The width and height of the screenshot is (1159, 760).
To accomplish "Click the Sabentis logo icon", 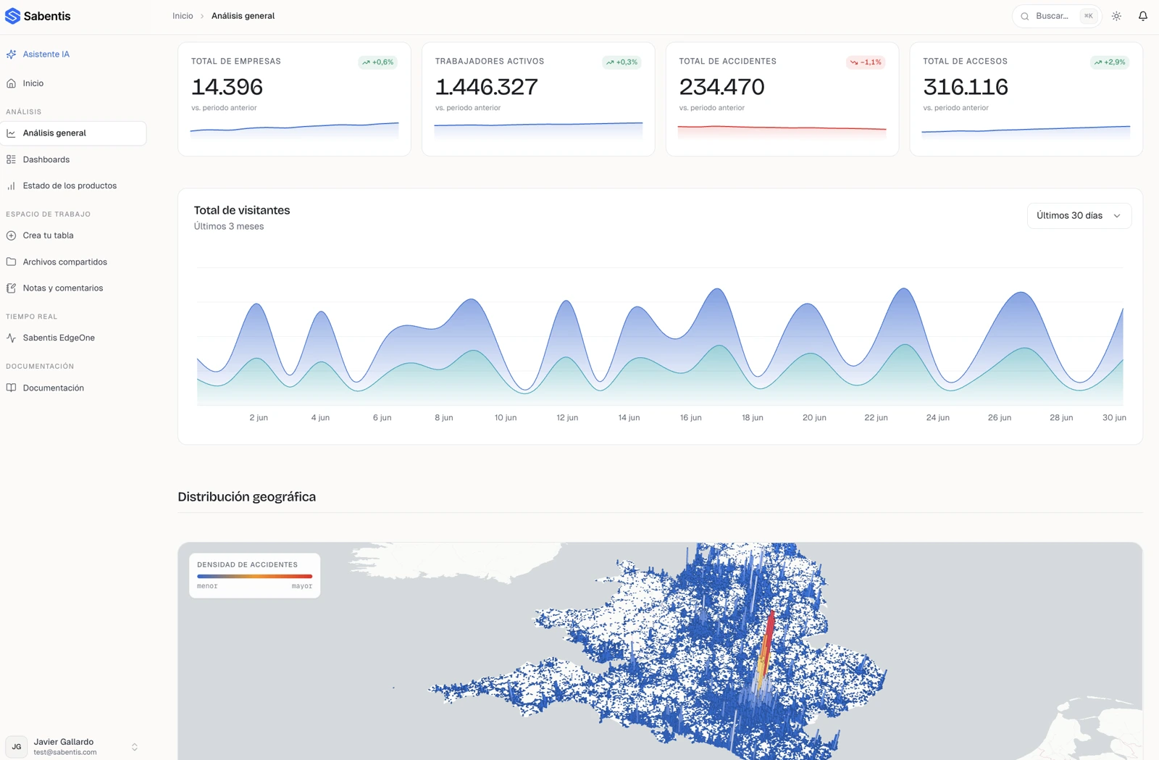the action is (x=12, y=16).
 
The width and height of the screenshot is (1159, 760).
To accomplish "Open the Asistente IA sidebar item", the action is (x=46, y=54).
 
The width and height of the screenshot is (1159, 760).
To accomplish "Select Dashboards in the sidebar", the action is (x=46, y=159).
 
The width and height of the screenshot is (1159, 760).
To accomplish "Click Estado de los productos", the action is (x=70, y=185).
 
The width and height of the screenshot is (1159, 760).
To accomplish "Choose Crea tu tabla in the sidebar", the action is (x=48, y=235).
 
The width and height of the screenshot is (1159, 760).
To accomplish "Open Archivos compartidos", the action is (x=64, y=262).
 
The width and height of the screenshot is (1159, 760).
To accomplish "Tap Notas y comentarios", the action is (x=62, y=288).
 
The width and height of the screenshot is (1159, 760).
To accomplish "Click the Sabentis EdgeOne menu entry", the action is (x=59, y=338).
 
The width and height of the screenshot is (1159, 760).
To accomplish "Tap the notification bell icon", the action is (x=1142, y=16).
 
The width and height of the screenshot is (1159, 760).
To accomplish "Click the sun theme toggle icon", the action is (x=1116, y=16).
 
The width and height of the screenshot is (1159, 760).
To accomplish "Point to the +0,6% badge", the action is (x=377, y=62).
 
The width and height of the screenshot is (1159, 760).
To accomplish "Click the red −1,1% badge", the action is (x=866, y=62).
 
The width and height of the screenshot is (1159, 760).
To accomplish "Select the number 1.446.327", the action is (x=486, y=86).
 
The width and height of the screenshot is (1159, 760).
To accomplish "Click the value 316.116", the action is (x=966, y=86).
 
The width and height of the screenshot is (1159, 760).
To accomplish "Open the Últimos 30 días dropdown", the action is (x=1079, y=216).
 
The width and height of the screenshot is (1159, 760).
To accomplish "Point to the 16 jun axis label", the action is (x=691, y=417).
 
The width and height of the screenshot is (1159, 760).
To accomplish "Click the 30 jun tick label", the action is (x=1114, y=417).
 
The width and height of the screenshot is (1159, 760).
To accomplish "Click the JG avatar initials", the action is (x=17, y=746).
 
